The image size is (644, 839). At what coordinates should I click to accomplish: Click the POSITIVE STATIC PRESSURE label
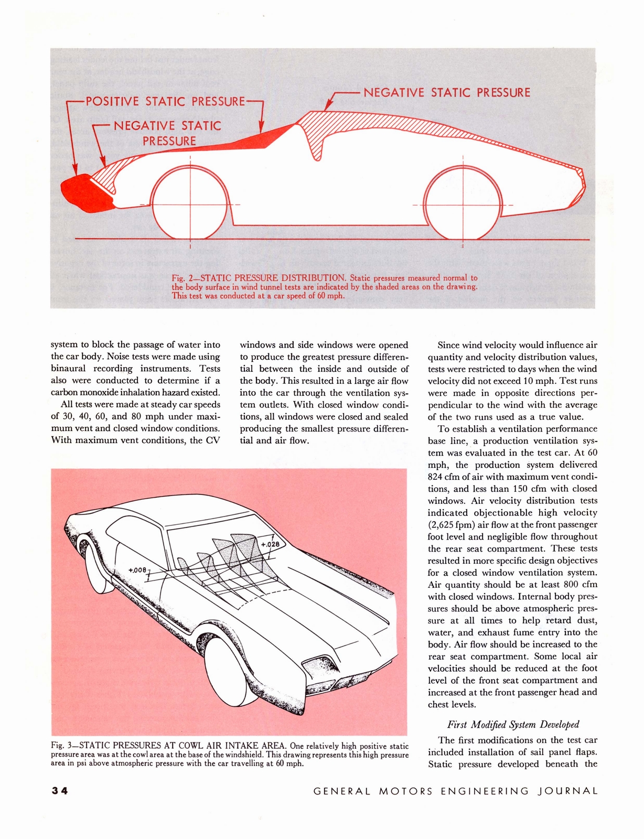[x=165, y=101]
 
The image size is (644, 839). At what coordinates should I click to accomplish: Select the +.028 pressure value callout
[x=271, y=544]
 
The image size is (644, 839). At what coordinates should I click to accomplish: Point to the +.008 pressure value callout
[x=137, y=569]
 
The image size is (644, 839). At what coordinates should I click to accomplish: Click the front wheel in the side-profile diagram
[x=190, y=203]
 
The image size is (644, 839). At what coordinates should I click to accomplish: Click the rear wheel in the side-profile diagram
[x=463, y=203]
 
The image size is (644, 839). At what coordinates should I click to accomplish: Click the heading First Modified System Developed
[x=513, y=725]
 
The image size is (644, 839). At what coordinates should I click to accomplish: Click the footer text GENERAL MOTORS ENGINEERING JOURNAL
[x=455, y=791]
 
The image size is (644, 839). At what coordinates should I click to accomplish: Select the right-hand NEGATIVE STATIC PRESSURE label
[x=447, y=93]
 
